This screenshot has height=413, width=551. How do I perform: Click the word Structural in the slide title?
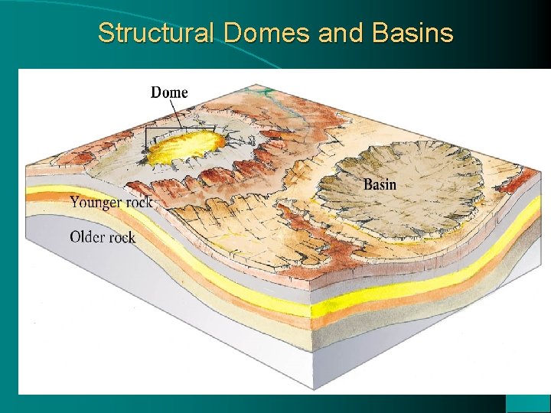[158, 34]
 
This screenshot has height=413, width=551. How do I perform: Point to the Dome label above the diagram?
[169, 93]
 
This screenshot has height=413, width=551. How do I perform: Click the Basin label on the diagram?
[380, 184]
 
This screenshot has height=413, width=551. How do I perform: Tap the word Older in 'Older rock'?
[86, 236]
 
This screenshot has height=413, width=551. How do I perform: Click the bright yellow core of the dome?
[187, 147]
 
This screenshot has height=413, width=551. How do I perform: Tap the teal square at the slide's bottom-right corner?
[528, 403]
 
